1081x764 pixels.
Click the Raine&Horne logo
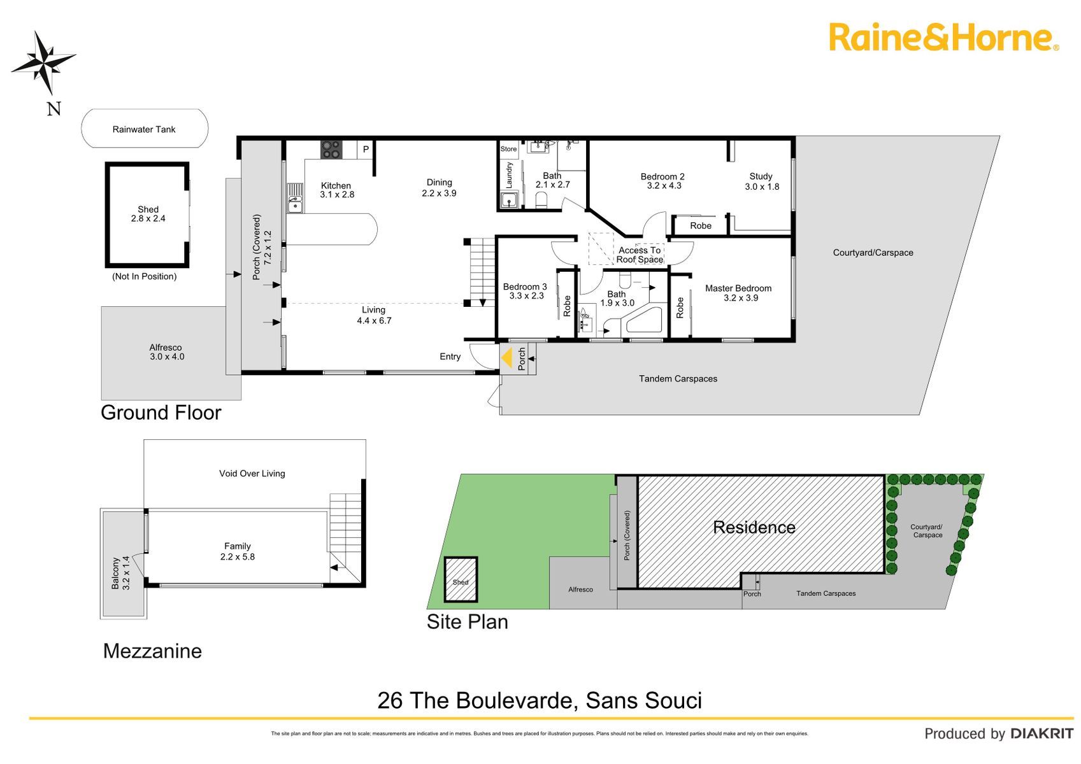coord(944,38)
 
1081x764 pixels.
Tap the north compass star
coord(44,62)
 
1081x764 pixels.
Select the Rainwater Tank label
coord(144,129)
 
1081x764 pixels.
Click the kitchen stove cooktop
coord(331,150)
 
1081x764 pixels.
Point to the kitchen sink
coord(295,198)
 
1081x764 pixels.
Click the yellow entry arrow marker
coord(506,358)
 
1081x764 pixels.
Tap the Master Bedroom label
coord(738,288)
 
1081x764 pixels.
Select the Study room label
coord(761,176)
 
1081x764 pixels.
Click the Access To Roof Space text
coord(640,255)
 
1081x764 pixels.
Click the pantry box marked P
coord(365,150)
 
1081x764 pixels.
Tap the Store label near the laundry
coord(508,149)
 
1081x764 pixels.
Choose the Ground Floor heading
coord(161,413)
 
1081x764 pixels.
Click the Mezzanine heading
coord(152,651)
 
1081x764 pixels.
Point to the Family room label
coord(238,546)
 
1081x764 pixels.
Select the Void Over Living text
coord(252,474)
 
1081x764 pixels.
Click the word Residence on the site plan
coord(754,527)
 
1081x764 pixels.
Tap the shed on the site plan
coord(461,580)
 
